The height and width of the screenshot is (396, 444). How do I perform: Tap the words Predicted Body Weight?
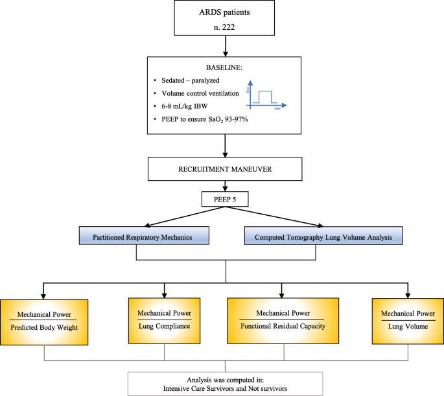coord(45,327)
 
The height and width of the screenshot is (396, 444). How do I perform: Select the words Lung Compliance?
coord(165,325)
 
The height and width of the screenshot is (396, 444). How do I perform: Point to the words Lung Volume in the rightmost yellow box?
coord(408,326)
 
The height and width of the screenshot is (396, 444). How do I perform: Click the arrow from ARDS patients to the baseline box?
coord(224,45)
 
